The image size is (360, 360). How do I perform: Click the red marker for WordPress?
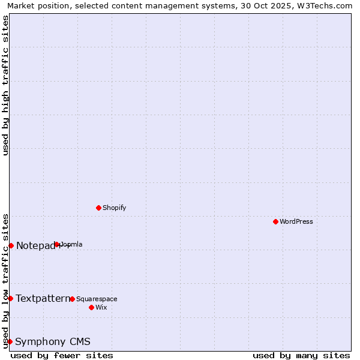click(x=275, y=221)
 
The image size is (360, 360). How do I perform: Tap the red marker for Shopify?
click(x=98, y=208)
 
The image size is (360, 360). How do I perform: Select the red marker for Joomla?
click(x=57, y=244)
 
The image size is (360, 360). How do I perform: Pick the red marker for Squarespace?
click(x=72, y=299)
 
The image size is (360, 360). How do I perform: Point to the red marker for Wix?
click(x=91, y=307)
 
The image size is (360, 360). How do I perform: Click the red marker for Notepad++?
click(x=11, y=245)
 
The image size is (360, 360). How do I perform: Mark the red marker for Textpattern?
click(x=10, y=298)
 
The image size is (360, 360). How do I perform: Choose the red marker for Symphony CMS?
click(x=10, y=341)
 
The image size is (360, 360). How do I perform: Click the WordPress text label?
click(x=296, y=221)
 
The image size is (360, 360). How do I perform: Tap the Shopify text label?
click(x=114, y=208)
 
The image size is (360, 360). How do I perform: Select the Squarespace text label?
click(x=97, y=299)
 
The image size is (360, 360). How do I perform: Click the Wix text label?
click(x=101, y=307)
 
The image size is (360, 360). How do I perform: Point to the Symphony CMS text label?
click(x=53, y=342)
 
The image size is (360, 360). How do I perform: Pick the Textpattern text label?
click(x=43, y=298)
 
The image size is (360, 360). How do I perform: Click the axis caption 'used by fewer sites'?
click(x=62, y=355)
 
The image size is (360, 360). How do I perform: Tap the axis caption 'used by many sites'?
click(x=301, y=355)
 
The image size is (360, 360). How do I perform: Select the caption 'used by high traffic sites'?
click(x=6, y=85)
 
